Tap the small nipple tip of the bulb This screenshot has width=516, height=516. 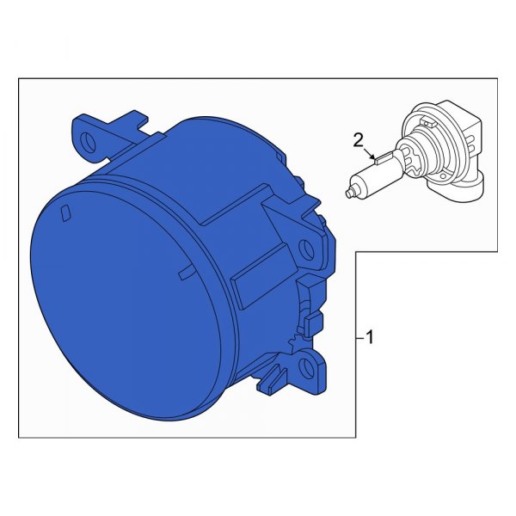(348, 193)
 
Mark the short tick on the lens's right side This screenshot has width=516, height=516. (183, 273)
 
